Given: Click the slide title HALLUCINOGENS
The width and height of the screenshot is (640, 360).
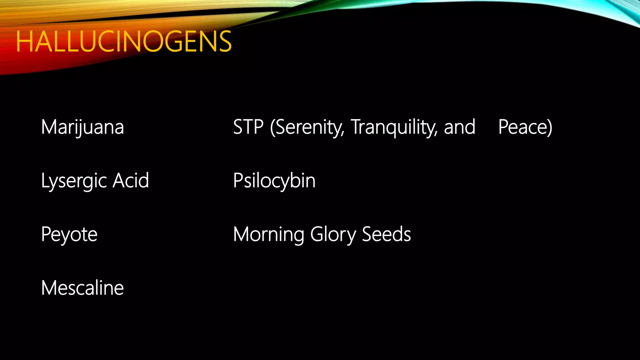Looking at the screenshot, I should [124, 42].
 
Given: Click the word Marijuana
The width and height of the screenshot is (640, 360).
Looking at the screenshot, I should [82, 127].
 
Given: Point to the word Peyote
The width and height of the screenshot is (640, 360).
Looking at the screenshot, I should [69, 235].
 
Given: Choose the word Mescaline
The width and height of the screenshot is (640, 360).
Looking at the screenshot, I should [82, 288].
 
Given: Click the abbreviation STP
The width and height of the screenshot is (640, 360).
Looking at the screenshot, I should [248, 127].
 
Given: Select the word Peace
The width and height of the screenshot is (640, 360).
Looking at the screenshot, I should [522, 127].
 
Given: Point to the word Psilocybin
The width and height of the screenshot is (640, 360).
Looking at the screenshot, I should [274, 181].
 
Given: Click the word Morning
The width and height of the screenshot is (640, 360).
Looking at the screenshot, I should [268, 235].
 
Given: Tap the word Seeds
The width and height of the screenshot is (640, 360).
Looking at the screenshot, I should [386, 234].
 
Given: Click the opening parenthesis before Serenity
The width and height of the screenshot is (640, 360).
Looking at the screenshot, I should [272, 127].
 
